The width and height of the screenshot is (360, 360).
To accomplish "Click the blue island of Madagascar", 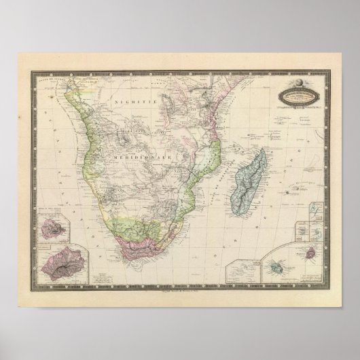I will (246, 176).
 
